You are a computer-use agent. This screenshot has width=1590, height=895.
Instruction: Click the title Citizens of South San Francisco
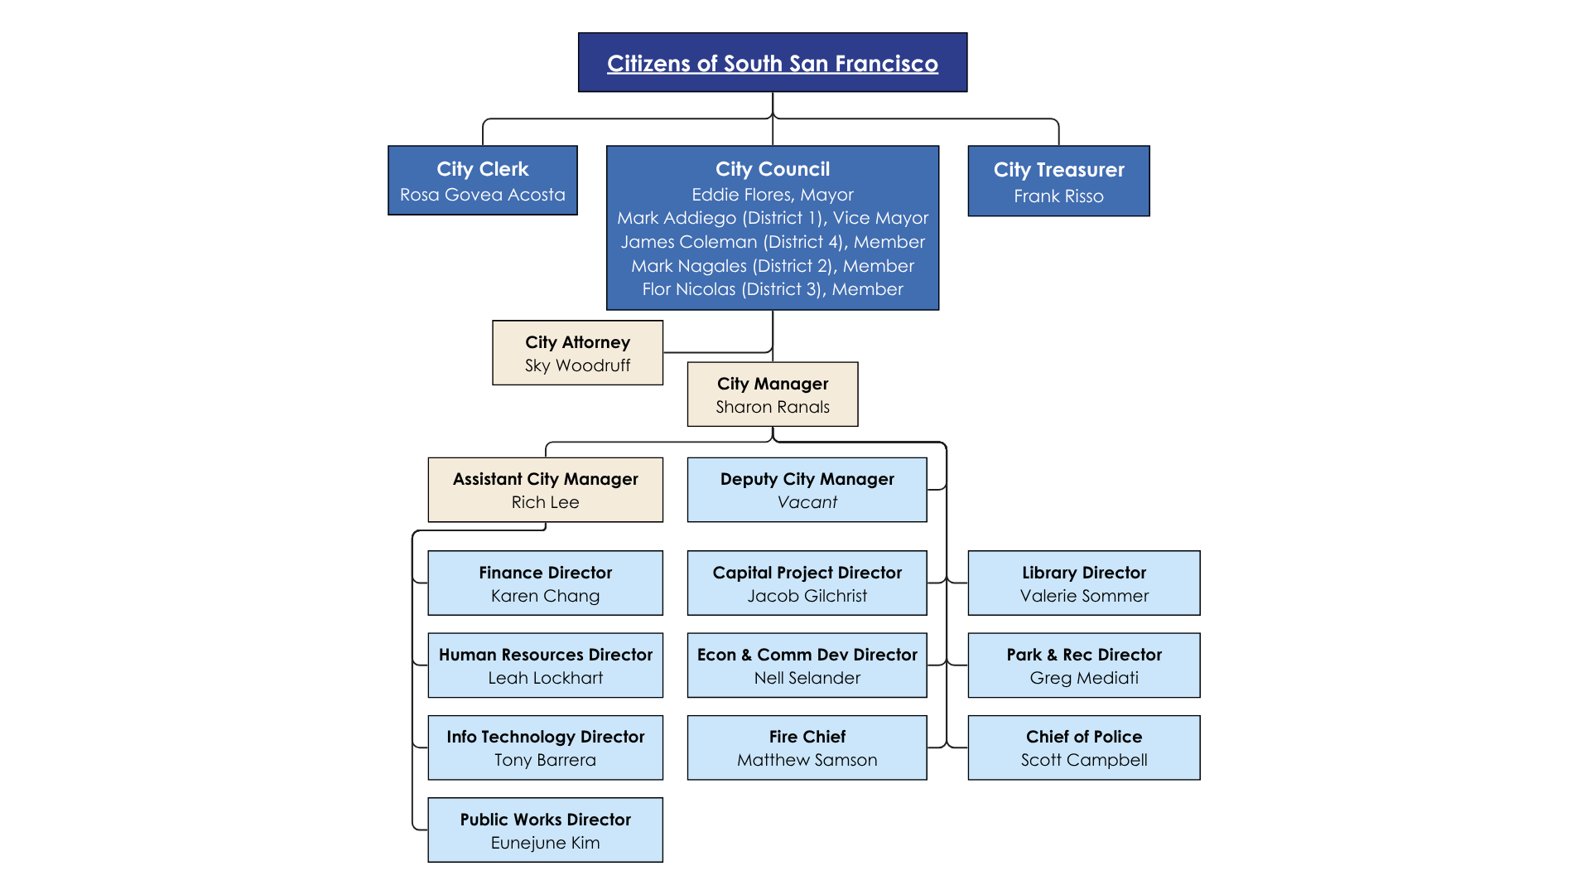(772, 64)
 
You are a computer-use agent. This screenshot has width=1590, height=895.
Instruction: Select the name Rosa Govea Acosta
(482, 195)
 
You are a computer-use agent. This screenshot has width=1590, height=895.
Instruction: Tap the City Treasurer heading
(1058, 170)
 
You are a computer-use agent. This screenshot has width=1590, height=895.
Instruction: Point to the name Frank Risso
(1058, 196)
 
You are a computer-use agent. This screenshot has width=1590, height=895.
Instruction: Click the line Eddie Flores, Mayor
(772, 195)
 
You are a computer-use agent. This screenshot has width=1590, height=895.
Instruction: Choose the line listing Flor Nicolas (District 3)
(772, 289)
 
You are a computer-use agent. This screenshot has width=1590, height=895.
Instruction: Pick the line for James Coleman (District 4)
(772, 242)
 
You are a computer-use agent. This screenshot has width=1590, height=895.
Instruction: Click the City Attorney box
(577, 353)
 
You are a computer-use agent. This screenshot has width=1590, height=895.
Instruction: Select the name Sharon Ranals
(772, 407)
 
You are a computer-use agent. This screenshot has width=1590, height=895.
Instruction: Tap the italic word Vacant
(807, 502)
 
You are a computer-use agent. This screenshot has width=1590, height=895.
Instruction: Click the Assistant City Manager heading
(545, 479)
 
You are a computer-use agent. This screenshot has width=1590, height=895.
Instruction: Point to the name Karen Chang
(545, 596)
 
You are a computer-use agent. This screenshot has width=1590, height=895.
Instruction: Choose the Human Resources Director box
(545, 665)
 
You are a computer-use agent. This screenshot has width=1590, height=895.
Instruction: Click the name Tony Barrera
(545, 760)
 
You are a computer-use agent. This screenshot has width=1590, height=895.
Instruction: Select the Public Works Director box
(545, 830)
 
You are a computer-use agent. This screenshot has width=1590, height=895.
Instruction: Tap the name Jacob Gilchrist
(807, 596)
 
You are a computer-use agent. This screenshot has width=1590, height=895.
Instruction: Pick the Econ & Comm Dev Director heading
(807, 655)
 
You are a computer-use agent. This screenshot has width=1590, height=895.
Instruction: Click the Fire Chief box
(807, 747)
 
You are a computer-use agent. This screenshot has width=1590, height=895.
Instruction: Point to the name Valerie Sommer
(1083, 596)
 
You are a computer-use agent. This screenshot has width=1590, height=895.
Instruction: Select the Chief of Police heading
(1083, 737)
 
